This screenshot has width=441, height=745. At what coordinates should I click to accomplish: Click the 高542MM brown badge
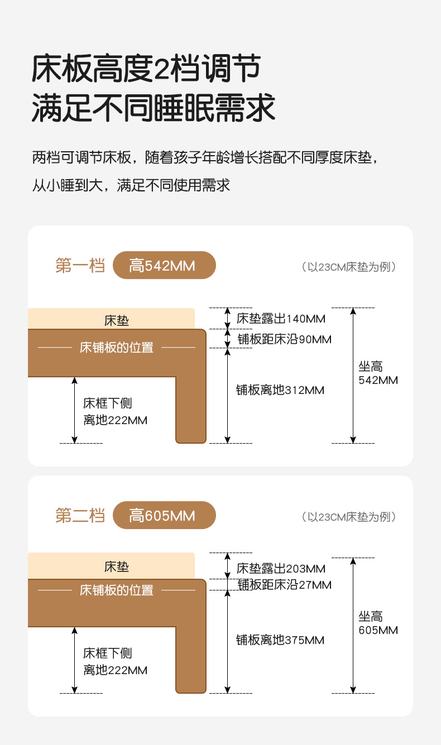pyautogui.click(x=164, y=266)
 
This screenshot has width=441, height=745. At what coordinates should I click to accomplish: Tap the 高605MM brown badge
pyautogui.click(x=164, y=516)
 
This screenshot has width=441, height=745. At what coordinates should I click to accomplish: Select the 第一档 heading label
pyautogui.click(x=80, y=266)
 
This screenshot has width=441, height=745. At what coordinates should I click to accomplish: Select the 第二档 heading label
pyautogui.click(x=80, y=516)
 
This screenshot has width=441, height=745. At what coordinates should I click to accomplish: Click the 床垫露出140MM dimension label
pyautogui.click(x=281, y=319)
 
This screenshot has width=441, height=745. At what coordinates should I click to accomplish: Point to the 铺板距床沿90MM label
pyautogui.click(x=284, y=339)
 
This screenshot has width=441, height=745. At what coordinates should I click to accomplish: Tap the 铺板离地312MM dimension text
pyautogui.click(x=280, y=390)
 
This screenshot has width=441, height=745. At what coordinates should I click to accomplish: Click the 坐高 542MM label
pyautogui.click(x=378, y=373)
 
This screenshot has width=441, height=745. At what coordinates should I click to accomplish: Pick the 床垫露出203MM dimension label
pyautogui.click(x=281, y=569)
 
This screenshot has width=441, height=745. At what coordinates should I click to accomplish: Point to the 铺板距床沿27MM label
pyautogui.click(x=284, y=585)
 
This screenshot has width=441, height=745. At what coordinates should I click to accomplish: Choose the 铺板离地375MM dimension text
pyautogui.click(x=280, y=640)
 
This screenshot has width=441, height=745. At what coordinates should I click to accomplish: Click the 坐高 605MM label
pyautogui.click(x=378, y=623)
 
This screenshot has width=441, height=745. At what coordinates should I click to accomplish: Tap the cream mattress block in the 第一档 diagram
pyautogui.click(x=112, y=320)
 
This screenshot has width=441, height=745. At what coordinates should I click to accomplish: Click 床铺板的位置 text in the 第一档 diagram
pyautogui.click(x=117, y=348)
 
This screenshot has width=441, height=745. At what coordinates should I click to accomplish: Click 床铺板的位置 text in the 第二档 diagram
pyautogui.click(x=117, y=590)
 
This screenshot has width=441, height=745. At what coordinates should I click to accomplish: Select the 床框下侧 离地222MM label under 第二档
pyautogui.click(x=115, y=661)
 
